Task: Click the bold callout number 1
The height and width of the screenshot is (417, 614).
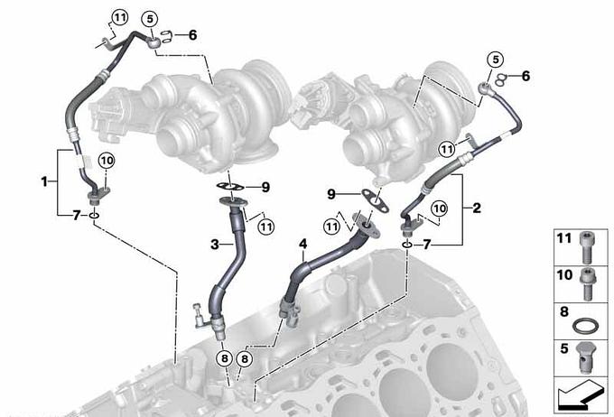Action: pos(44,181)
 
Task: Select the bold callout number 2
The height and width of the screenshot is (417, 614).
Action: pos(477,208)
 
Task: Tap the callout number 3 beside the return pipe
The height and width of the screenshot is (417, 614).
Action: pos(215,245)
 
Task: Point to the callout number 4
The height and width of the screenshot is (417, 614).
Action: pos(303,245)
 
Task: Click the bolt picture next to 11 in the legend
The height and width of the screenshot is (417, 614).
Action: pos(586,247)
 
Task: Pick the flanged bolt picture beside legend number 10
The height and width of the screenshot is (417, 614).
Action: pos(587,284)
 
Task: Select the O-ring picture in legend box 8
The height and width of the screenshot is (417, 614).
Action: pos(585,325)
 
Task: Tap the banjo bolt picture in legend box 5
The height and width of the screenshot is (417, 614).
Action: pos(585,357)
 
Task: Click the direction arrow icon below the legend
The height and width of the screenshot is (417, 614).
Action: pos(581,395)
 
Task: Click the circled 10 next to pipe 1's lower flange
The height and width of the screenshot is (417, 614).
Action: pos(107,160)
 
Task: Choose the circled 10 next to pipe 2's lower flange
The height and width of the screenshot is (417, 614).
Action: pos(439,208)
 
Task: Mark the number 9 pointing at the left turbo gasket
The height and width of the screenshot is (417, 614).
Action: pos(265,187)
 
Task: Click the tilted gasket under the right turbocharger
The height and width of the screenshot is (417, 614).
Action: pos(375,200)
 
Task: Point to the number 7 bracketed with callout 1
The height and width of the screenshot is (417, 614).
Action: pos(77,215)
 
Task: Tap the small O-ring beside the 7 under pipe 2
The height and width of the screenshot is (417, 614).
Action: pos(407,246)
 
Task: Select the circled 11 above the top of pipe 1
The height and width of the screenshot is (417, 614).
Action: pos(119,17)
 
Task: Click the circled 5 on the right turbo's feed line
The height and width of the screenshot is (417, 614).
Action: pos(496,60)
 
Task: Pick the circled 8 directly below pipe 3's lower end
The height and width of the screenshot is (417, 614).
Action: pos(224,358)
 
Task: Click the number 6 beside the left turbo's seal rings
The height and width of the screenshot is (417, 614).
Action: pos(192,35)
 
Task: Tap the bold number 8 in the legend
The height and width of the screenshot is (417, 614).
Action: pos(564,312)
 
